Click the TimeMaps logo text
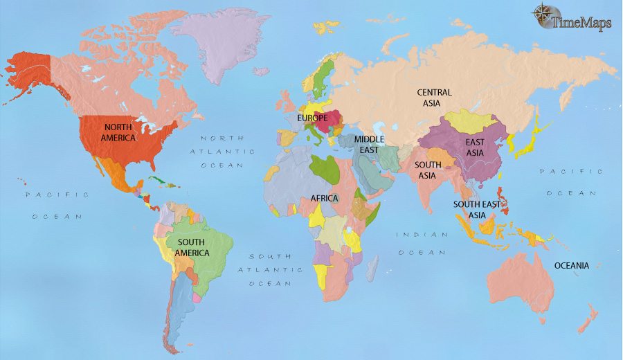[582, 23]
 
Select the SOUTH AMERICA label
[192, 247]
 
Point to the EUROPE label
[312, 118]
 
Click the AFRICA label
[324, 198]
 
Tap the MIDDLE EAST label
[369, 144]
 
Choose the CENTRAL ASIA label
[434, 98]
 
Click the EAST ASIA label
[474, 147]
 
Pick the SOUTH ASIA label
[426, 170]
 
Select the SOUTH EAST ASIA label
[478, 210]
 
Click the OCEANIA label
[571, 265]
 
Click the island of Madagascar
[372, 267]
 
